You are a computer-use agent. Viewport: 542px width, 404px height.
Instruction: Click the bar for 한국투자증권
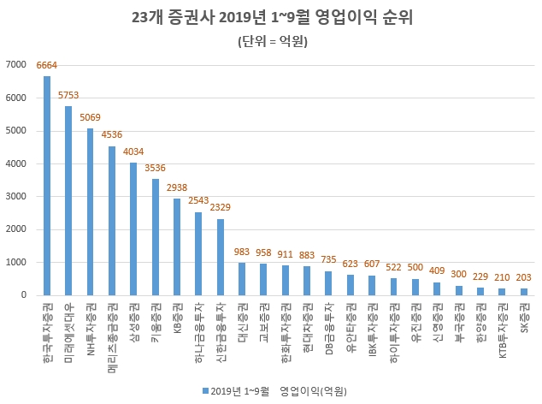(47, 186)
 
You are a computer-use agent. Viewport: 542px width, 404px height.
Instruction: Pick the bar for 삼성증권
(133, 229)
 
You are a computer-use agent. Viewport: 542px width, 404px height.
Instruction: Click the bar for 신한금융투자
(221, 257)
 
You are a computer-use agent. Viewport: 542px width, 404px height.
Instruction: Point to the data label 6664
(47, 65)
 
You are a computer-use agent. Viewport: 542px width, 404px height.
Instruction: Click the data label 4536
(112, 135)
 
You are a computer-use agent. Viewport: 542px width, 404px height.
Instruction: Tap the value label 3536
(156, 168)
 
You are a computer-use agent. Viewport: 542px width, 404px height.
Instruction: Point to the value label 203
(524, 277)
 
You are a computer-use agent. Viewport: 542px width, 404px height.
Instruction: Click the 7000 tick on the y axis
(16, 65)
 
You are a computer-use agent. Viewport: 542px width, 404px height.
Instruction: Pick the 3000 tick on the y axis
(16, 197)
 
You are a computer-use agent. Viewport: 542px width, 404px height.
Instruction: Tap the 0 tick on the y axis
(24, 295)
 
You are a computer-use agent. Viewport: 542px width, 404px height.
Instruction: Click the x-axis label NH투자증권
(91, 328)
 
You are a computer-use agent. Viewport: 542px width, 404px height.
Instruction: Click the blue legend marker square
(205, 390)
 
